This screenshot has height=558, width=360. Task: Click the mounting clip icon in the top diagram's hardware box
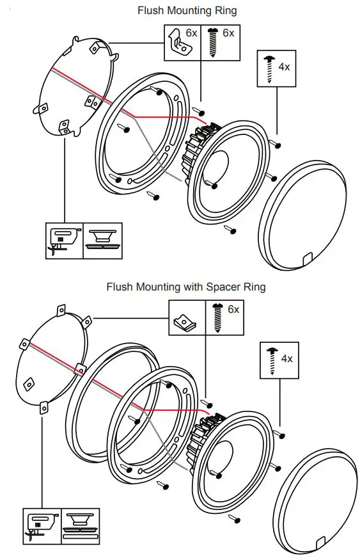tap(178, 43)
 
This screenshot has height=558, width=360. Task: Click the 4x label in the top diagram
tap(284, 66)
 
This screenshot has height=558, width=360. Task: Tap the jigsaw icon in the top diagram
tap(65, 240)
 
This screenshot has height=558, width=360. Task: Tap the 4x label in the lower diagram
tap(286, 358)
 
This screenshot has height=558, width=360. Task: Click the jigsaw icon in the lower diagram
tap(42, 525)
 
